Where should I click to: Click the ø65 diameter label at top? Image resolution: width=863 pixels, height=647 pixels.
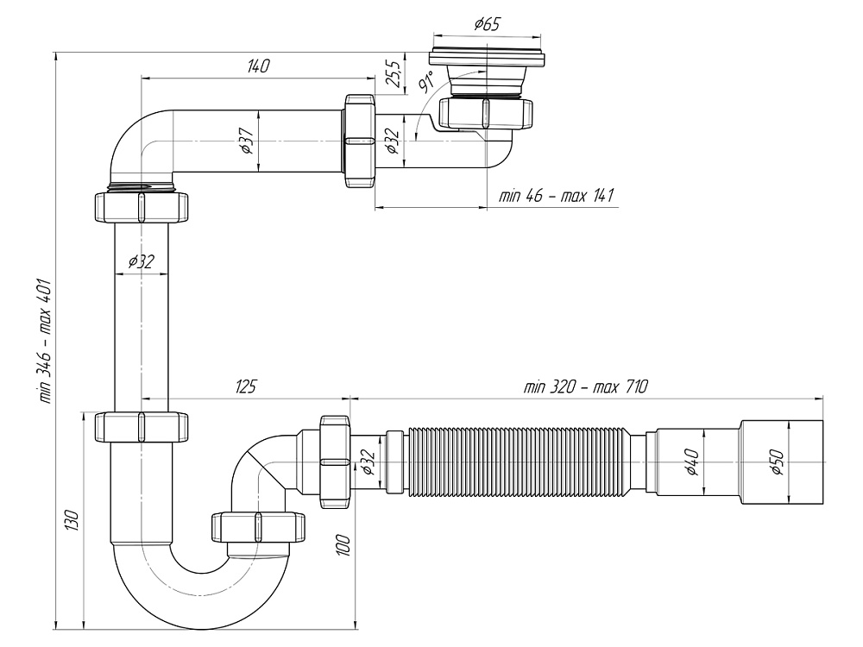click(488, 24)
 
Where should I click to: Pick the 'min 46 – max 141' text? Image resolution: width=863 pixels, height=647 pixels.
click(556, 196)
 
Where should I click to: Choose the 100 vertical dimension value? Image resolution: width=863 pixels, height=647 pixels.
click(343, 544)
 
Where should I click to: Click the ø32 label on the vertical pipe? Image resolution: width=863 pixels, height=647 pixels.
click(140, 262)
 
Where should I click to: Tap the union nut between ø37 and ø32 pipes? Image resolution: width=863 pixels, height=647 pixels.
click(358, 141)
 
